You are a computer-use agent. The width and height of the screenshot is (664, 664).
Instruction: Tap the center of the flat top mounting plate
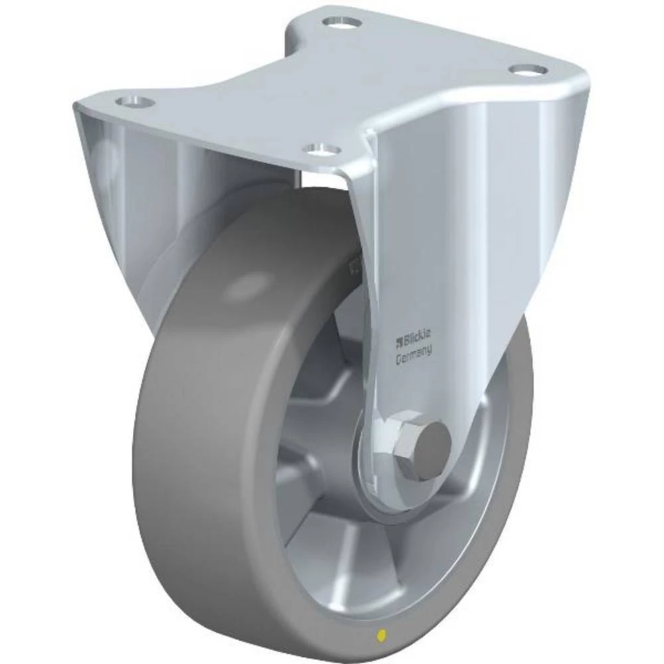click(332, 86)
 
